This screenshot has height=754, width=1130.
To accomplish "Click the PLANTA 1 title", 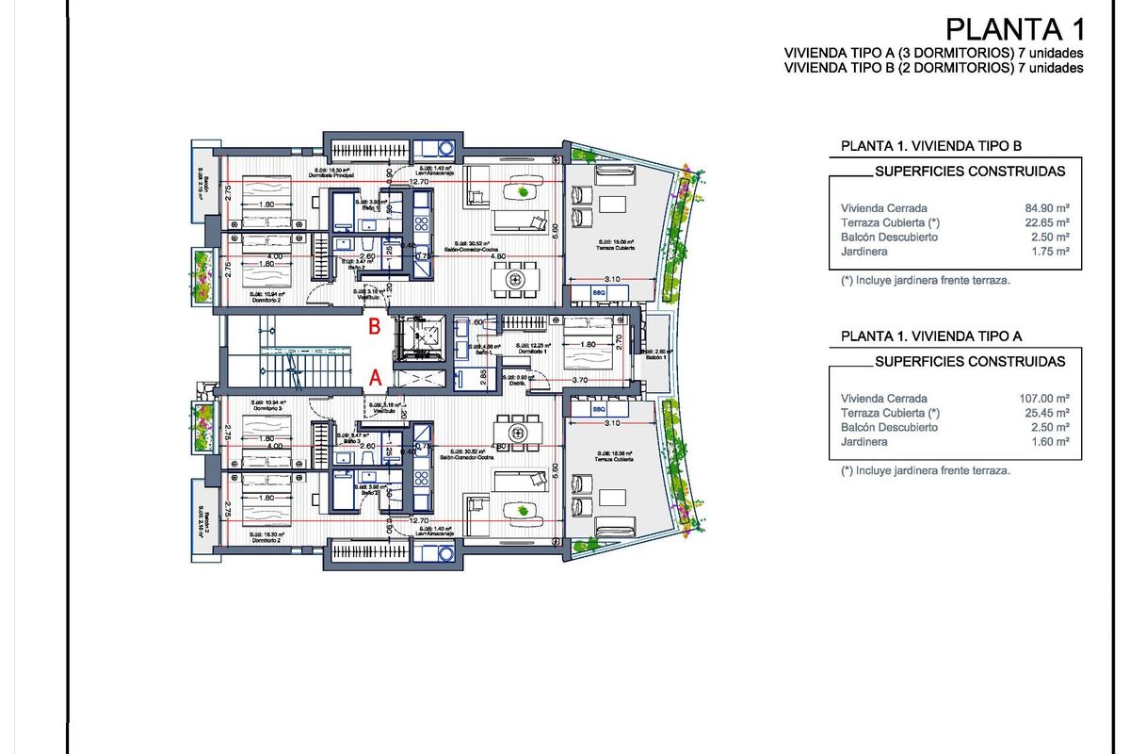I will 1014,27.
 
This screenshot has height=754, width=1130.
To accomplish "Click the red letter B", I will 374,327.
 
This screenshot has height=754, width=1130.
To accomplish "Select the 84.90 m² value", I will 1049,207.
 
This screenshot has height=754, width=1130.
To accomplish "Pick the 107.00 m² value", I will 1047,398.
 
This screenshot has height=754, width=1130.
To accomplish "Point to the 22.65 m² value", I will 1049,222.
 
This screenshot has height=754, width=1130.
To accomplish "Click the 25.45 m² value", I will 1049,413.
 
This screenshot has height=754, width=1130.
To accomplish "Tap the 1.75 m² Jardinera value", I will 1052,252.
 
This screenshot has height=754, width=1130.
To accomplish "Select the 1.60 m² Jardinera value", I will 1052,442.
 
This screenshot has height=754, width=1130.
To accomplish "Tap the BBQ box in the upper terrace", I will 599,293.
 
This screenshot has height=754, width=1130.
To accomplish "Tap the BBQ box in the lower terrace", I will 599,411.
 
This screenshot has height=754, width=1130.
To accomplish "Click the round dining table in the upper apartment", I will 514,280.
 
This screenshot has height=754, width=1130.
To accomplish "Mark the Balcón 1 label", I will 655,358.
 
